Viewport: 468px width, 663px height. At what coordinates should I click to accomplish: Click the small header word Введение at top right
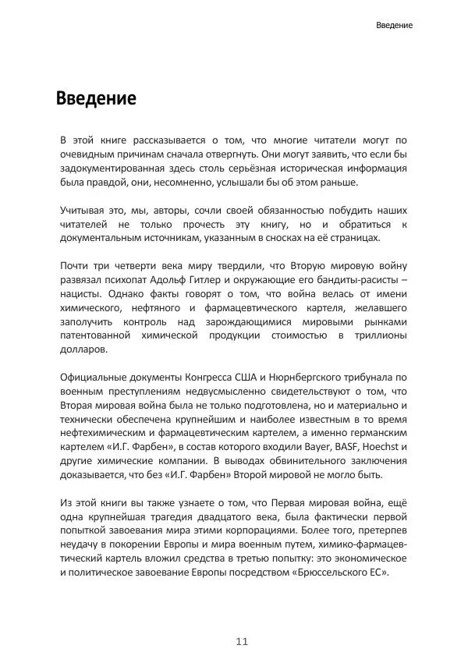pyautogui.click(x=394, y=25)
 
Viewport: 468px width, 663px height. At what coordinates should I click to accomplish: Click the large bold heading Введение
pyautogui.click(x=96, y=99)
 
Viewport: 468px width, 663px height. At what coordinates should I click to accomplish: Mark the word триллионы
pyautogui.click(x=379, y=334)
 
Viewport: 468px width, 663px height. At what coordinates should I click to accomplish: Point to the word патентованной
pyautogui.click(x=99, y=334)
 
